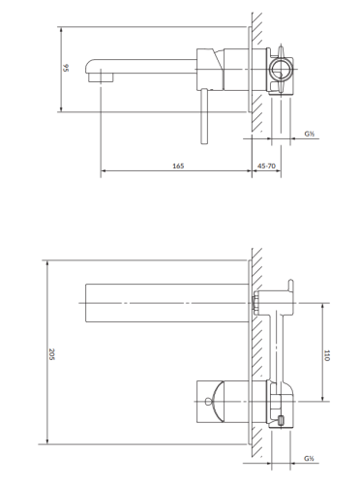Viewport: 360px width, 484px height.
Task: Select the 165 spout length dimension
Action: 178,166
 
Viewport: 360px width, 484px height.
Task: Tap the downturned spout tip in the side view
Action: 97,76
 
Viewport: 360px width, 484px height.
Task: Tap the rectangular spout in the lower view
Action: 165,302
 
